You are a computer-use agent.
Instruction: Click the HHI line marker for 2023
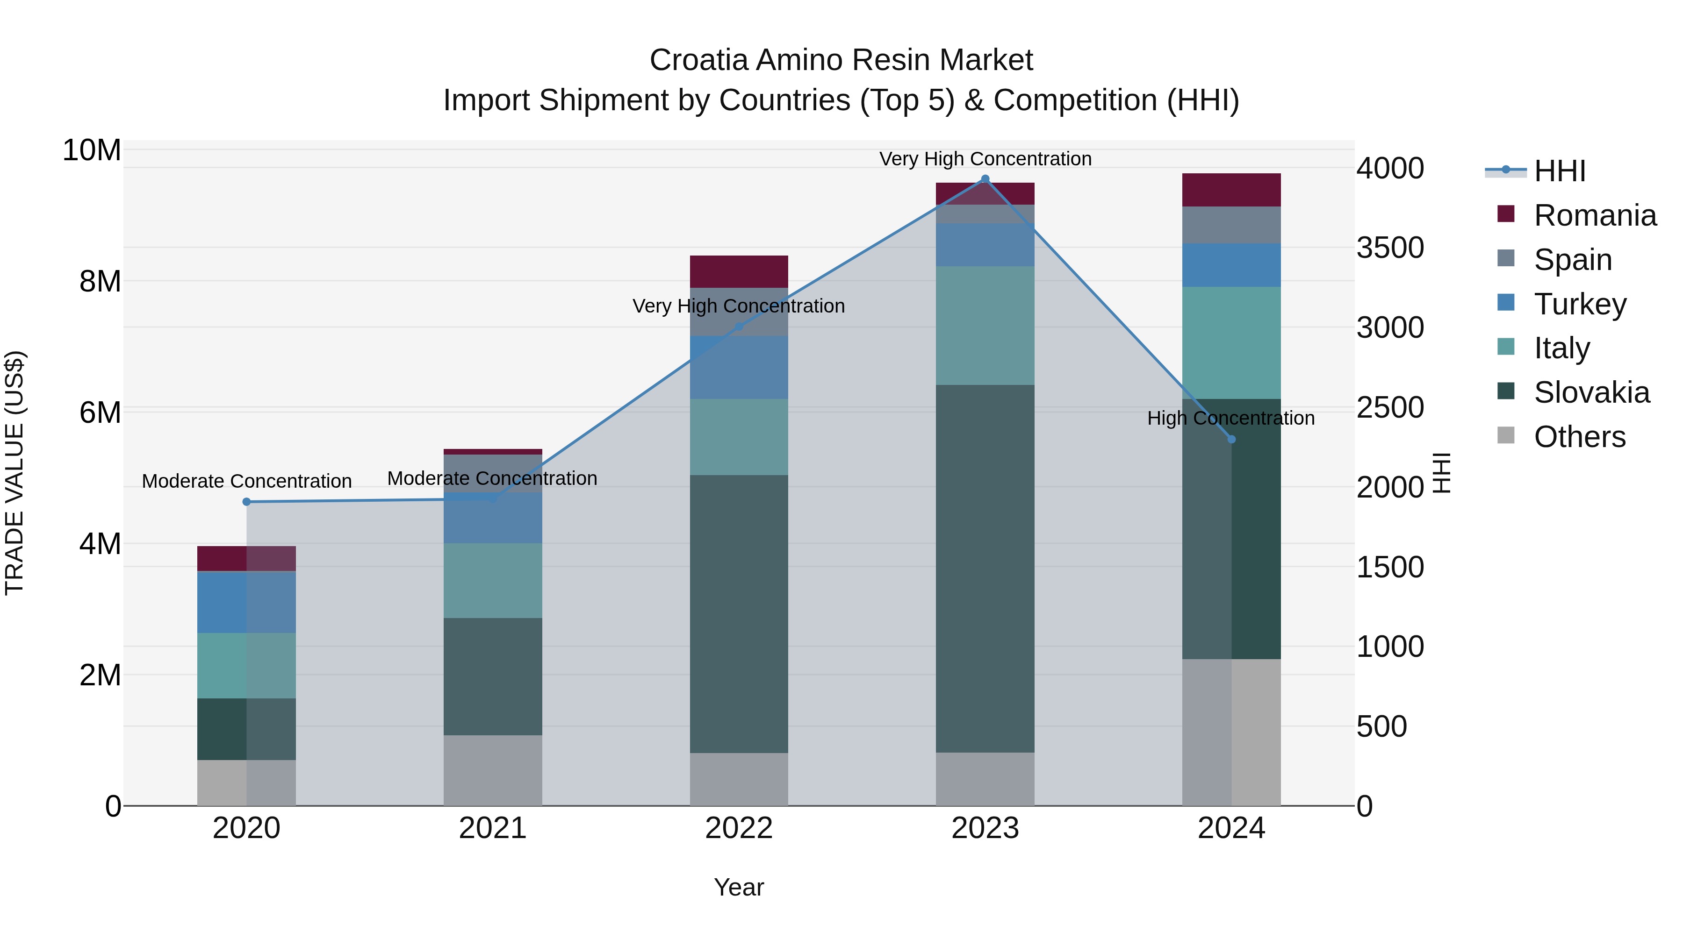point(985,179)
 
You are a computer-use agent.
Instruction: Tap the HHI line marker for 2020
point(246,501)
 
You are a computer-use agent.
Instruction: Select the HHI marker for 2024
point(1231,440)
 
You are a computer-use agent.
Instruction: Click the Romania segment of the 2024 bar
point(1231,190)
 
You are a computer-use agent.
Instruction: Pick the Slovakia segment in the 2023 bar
point(985,568)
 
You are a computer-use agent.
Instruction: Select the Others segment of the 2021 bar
point(493,770)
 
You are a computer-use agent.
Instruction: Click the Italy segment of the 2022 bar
point(739,437)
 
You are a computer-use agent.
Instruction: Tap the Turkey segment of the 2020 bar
point(246,602)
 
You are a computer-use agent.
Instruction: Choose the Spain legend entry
point(1572,260)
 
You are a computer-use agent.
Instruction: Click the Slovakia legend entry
point(1591,392)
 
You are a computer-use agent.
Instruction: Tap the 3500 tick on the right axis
point(1390,248)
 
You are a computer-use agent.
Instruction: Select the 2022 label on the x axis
point(739,828)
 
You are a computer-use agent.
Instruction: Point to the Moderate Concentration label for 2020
point(246,481)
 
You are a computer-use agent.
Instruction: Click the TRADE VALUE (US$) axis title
point(14,473)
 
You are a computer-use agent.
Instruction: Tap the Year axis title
point(739,887)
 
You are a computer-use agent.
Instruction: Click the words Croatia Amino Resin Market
point(841,60)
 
